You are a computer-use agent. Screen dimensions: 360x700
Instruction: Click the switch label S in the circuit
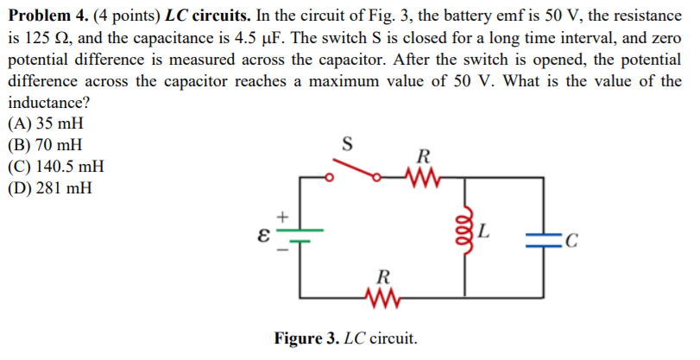click(x=348, y=143)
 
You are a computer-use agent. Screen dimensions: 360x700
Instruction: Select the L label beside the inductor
click(x=485, y=231)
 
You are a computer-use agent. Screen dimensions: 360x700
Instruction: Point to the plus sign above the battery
click(x=281, y=215)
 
